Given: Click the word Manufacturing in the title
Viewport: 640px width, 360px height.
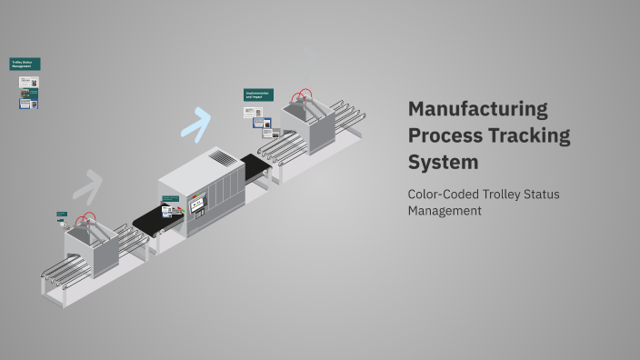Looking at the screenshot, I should [x=477, y=109].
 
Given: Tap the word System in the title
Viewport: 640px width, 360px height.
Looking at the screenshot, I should [x=443, y=163].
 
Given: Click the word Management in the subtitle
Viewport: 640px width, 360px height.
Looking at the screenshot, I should [x=445, y=211].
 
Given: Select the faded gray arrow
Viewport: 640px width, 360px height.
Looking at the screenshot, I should [x=87, y=185].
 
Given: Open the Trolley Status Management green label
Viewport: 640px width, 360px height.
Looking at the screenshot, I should [x=25, y=64].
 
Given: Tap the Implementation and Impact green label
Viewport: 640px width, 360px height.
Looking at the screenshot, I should [x=258, y=95].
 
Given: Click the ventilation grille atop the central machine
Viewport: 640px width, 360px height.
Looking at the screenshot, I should [x=223, y=158].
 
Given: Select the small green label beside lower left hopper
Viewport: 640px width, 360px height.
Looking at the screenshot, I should [x=62, y=215].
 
